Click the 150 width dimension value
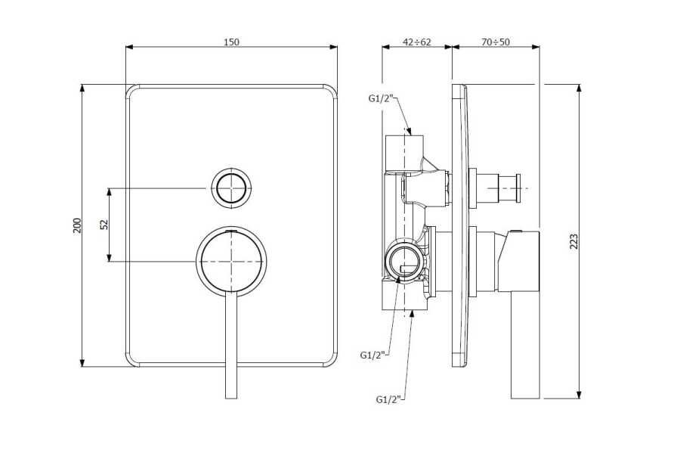pos(231,42)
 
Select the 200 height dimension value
pos(77,225)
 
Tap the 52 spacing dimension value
pos(104,225)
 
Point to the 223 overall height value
pos(573,241)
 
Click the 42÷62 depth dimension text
pos(417,42)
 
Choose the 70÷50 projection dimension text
pos(495,42)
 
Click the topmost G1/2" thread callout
pos(381,98)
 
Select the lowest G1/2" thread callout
pos(388,399)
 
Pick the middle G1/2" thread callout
pos(372,355)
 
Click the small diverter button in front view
pos(231,188)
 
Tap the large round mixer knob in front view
pos(231,262)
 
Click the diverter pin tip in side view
pos(517,188)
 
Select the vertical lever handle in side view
pos(525,345)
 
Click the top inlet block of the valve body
pos(404,152)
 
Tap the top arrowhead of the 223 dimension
pos(578,88)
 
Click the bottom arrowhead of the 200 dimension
pos(82,363)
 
